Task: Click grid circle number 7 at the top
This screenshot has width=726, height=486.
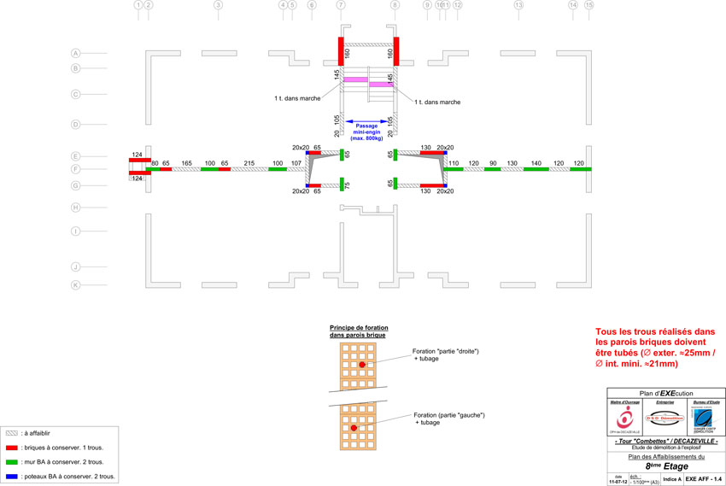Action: [x=341, y=5]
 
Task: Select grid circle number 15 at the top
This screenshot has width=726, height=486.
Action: [x=588, y=5]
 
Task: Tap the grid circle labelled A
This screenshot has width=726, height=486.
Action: [x=76, y=53]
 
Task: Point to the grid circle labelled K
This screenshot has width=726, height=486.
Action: [x=76, y=284]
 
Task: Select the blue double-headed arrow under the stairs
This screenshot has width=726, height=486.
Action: [x=368, y=121]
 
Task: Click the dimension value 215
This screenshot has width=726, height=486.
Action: [x=249, y=162]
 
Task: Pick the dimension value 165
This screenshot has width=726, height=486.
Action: [x=186, y=162]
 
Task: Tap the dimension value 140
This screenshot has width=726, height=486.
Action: [x=536, y=162]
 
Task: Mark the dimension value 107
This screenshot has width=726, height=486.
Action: [x=296, y=162]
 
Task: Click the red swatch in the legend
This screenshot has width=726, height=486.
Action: [x=12, y=447]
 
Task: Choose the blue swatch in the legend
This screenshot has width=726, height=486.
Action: [x=12, y=476]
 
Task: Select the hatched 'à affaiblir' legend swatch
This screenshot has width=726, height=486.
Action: [x=12, y=433]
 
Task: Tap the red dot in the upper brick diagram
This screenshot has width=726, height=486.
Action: [x=362, y=364]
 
